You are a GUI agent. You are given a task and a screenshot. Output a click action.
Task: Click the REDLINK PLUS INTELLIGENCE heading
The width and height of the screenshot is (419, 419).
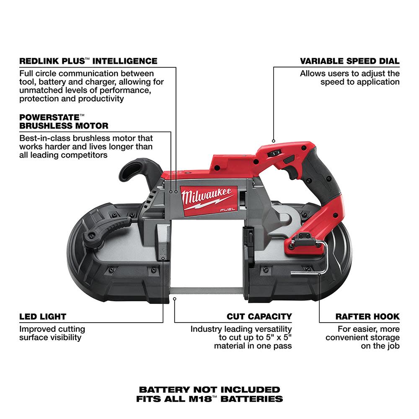[x=88, y=61]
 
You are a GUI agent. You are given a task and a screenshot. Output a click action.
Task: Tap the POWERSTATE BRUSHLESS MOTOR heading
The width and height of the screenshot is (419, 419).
[x=64, y=122]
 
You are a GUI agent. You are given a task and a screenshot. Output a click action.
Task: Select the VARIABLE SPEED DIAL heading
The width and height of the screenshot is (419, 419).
[x=349, y=61]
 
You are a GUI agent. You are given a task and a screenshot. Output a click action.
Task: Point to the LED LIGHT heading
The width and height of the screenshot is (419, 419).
[x=43, y=317]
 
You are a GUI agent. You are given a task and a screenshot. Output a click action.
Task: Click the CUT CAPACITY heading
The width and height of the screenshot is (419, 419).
[x=259, y=317]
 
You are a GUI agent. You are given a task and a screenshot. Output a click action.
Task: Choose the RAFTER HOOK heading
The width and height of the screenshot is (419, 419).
[x=367, y=317]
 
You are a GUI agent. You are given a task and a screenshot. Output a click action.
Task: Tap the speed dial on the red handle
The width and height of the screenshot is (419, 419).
[x=275, y=154]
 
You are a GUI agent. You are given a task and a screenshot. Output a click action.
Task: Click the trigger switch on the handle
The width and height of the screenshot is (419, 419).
[x=289, y=160]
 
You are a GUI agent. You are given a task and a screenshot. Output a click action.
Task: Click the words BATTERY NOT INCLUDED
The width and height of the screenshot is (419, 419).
[x=209, y=390]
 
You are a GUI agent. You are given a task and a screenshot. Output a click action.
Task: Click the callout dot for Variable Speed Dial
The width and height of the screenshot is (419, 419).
[x=274, y=141]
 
